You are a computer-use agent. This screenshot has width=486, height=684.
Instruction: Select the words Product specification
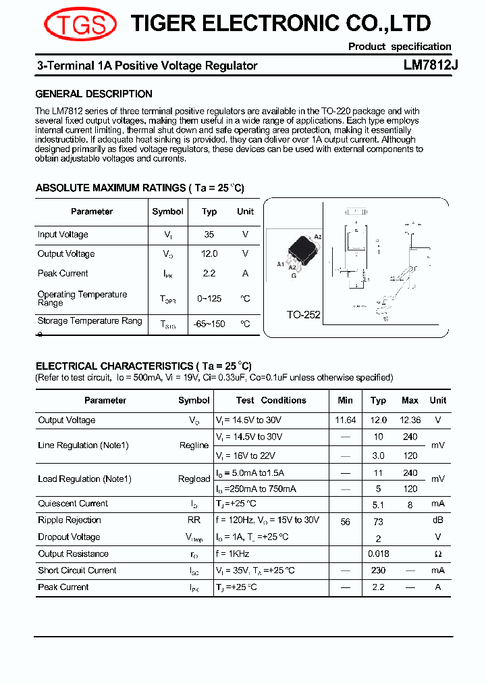pyautogui.click(x=400, y=47)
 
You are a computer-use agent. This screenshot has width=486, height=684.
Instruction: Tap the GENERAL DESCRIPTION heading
pyautogui.click(x=94, y=94)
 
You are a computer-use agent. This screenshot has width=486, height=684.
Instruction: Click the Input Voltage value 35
pyautogui.click(x=209, y=235)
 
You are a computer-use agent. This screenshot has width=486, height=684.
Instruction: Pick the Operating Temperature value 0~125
pyautogui.click(x=209, y=298)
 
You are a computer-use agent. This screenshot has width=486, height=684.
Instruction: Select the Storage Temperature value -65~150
pyautogui.click(x=209, y=324)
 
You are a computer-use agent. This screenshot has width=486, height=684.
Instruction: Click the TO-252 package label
pyautogui.click(x=303, y=315)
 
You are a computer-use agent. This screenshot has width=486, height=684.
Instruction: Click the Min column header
pyautogui.click(x=345, y=400)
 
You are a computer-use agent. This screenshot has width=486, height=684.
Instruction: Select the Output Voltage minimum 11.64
pyautogui.click(x=345, y=420)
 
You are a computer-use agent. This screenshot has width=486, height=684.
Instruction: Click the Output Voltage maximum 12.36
pyautogui.click(x=410, y=420)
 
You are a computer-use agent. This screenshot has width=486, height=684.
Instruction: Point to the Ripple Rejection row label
pyautogui.click(x=70, y=520)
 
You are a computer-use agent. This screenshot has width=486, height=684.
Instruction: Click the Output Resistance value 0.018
pyautogui.click(x=378, y=554)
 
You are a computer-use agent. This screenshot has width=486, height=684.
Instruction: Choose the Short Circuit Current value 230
pyautogui.click(x=378, y=570)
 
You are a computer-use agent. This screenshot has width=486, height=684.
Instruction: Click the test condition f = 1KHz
pyautogui.click(x=232, y=554)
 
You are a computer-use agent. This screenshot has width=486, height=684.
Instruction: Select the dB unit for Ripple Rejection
pyautogui.click(x=437, y=520)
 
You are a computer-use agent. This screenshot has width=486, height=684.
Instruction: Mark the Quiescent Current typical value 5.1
pyautogui.click(x=378, y=504)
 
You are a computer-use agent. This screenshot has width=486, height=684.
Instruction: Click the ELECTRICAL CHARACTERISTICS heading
pyautogui.click(x=143, y=366)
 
